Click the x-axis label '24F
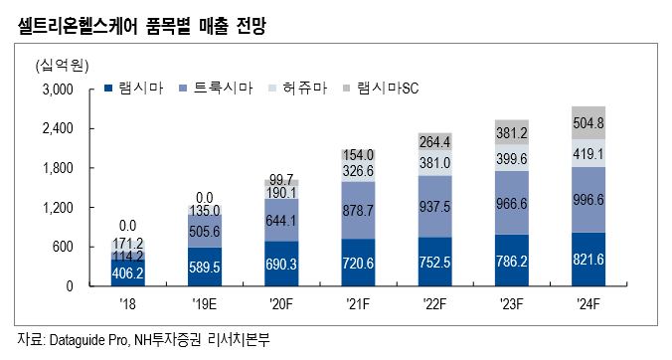(588, 303)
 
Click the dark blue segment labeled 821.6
(588, 259)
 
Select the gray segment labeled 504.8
(588, 123)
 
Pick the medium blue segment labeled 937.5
(436, 206)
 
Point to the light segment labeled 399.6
(513, 158)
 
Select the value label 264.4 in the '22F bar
(436, 141)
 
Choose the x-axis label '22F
(436, 303)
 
